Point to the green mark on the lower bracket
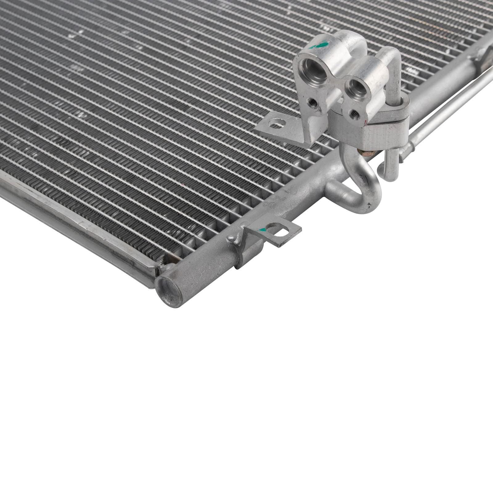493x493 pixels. tap(264, 230)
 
